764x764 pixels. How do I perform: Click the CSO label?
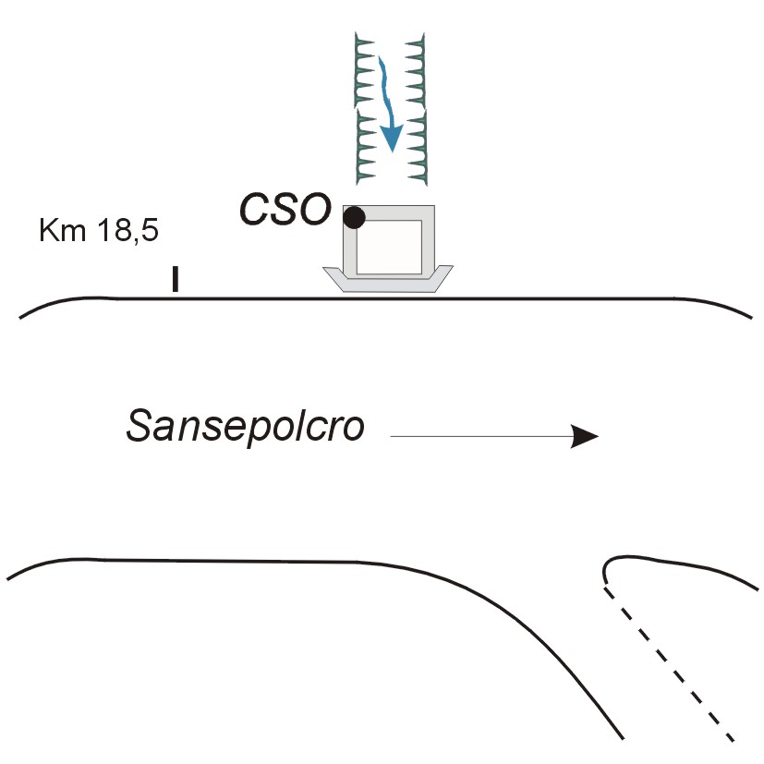click(285, 211)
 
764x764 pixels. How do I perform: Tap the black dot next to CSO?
click(354, 218)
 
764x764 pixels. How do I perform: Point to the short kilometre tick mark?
click(175, 280)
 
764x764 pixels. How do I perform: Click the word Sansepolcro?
click(246, 428)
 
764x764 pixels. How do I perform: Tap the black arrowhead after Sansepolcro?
click(585, 436)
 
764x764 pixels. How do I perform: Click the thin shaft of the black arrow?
click(480, 436)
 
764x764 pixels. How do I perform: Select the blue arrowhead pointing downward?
click(393, 139)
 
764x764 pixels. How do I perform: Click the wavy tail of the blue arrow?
click(383, 88)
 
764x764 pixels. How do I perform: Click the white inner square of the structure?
click(390, 247)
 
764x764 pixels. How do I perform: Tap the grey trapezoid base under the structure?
click(388, 282)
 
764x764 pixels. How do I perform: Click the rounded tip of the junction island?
click(607, 566)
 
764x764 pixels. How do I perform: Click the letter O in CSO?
click(312, 211)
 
